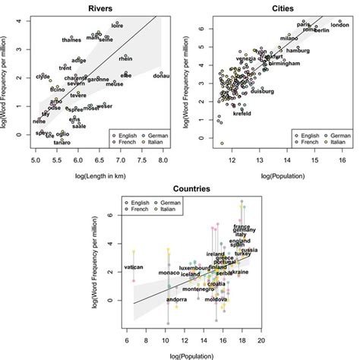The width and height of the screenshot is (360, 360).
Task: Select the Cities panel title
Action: (279, 7)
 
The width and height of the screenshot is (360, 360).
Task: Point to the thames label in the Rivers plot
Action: (72, 39)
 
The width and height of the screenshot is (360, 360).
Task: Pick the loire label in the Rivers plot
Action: (117, 27)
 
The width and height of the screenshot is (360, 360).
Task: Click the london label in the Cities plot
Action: (339, 25)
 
